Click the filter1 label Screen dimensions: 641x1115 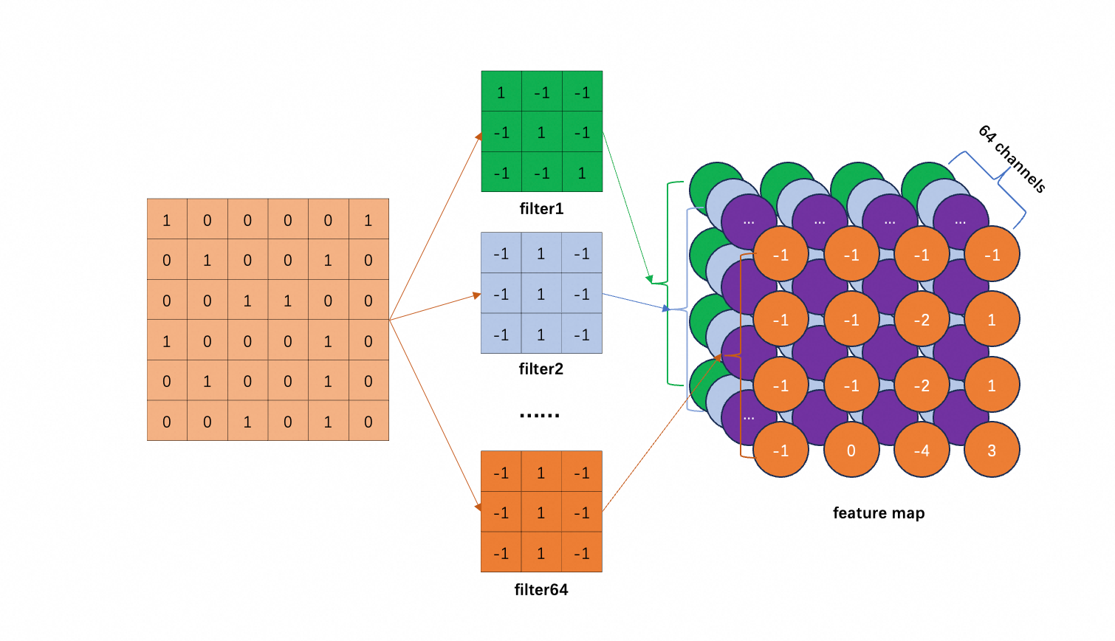pos(541,209)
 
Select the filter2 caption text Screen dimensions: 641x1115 pos(541,369)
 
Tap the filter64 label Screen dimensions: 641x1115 pos(541,590)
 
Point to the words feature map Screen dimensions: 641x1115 pos(879,513)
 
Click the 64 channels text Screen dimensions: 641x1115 pos(1012,159)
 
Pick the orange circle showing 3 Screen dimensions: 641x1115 pos(992,450)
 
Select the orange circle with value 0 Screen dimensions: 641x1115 pos(851,450)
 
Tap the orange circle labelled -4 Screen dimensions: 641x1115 pos(922,450)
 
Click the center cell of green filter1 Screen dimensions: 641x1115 pos(541,132)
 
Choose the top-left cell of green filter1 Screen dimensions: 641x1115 pos(501,92)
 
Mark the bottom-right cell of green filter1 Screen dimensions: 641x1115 pos(582,173)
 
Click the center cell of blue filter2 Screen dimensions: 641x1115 pos(541,294)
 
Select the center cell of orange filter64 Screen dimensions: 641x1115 pos(541,513)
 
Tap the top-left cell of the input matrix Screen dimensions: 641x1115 pos(167,220)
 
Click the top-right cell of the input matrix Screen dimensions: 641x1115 pos(368,220)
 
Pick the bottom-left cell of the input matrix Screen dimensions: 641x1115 pos(167,422)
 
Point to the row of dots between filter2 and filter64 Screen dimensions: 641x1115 pos(540,416)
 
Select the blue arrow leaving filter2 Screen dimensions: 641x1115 pos(635,301)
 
